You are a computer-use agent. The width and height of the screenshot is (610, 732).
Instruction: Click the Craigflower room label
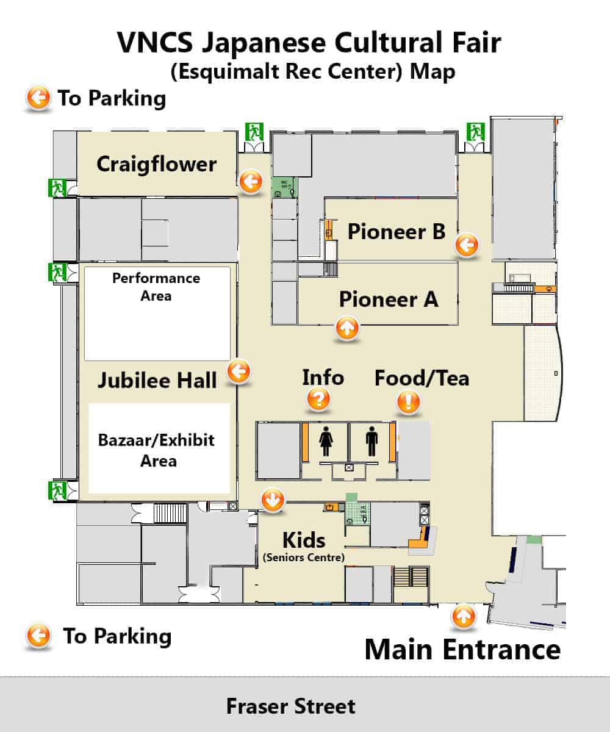point(156,165)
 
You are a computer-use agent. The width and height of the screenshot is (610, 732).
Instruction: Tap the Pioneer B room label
point(396,231)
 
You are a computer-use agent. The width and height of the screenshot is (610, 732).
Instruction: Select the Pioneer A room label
point(389,299)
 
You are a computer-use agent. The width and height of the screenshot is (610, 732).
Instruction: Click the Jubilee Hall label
point(157,380)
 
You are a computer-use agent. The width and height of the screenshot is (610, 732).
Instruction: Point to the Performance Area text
point(156,287)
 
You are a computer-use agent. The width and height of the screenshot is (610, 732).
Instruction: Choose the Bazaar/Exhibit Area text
point(156,450)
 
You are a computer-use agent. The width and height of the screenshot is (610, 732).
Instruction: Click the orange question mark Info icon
point(318,400)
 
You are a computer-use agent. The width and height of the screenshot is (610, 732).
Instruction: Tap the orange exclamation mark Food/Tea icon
point(408,402)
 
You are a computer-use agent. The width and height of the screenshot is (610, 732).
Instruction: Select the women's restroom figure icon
point(326,441)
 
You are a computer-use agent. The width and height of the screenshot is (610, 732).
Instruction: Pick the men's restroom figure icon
point(372,441)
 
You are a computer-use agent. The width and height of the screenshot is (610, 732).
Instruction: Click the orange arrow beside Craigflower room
point(251,182)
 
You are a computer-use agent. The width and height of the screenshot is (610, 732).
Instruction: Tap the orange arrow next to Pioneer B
point(467,245)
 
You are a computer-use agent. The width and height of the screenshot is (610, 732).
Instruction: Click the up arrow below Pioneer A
point(347,328)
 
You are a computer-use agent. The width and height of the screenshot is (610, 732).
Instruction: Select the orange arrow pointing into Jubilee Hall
point(239,371)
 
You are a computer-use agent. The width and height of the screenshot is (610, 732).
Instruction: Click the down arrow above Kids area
point(273,499)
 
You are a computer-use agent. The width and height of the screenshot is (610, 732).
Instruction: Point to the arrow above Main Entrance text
point(464,616)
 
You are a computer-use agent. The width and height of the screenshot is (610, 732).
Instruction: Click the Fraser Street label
point(291,706)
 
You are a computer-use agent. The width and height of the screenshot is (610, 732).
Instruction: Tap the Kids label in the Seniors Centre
point(304,540)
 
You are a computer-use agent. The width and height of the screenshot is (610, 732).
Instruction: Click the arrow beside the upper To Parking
point(38,97)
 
